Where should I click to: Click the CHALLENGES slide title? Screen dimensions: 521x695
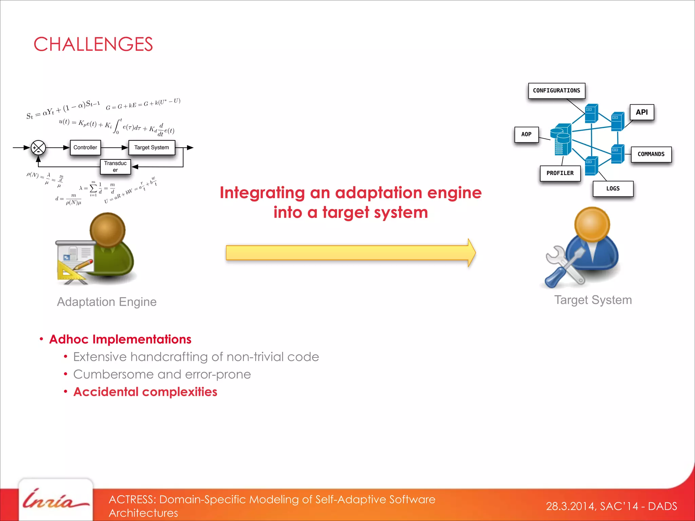tap(93, 44)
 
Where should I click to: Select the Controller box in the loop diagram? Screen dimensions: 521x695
tap(85, 148)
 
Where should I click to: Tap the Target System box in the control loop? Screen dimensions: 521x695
tap(152, 148)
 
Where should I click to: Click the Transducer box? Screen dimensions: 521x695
tap(115, 167)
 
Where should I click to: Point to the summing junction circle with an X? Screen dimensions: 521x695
tap(38, 148)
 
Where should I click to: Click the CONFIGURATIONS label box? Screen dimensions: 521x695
tap(557, 91)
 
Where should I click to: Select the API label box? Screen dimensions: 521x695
tap(642, 112)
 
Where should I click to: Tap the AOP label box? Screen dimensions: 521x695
tap(526, 134)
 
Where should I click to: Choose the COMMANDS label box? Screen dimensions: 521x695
tap(651, 154)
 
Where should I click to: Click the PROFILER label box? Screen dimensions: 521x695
tap(560, 173)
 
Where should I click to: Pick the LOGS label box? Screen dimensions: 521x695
tap(613, 189)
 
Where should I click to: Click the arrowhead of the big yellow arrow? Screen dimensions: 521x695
tap(471, 253)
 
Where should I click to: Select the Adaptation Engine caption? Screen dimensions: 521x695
tap(107, 302)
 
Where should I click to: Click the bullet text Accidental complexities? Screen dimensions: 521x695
tap(145, 392)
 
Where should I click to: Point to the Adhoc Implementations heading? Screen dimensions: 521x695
tap(120, 339)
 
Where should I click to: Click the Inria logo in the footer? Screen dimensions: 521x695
tap(55, 500)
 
